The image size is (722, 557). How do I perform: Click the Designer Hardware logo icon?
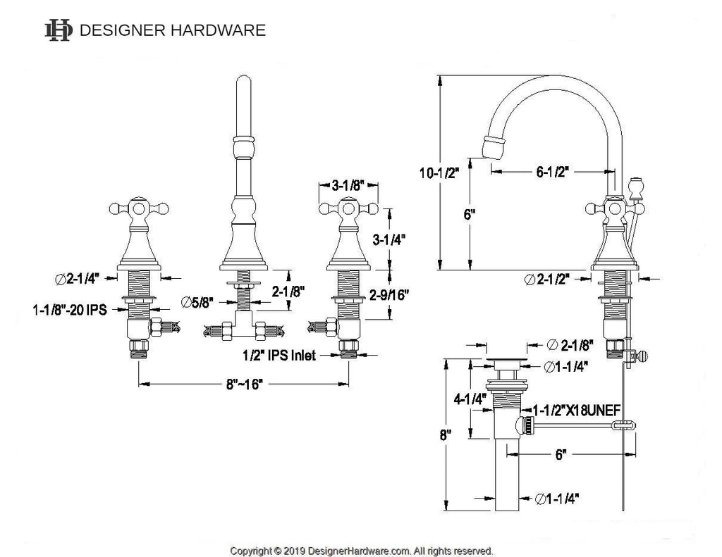[59, 30]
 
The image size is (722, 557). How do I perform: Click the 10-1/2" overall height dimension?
[439, 173]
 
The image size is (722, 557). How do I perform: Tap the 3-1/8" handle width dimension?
[348, 185]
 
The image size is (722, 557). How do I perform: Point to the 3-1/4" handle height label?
[389, 239]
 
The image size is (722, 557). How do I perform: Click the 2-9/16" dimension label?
[389, 295]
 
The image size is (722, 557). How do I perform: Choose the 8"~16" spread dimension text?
[244, 384]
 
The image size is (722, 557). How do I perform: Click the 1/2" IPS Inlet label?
[279, 355]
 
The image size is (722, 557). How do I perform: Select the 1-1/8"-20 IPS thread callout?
[70, 310]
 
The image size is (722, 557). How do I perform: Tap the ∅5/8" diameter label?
[197, 302]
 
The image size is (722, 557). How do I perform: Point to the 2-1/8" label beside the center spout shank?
[288, 292]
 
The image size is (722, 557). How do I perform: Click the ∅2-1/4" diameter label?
[78, 279]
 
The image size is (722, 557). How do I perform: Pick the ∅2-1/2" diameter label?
[547, 279]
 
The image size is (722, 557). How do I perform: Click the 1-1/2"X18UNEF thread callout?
[577, 410]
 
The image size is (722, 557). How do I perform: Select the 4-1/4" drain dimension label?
[470, 399]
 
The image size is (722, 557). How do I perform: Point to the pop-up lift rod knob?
[636, 187]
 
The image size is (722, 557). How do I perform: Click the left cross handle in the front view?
[139, 209]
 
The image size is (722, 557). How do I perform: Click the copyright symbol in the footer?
[277, 551]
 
